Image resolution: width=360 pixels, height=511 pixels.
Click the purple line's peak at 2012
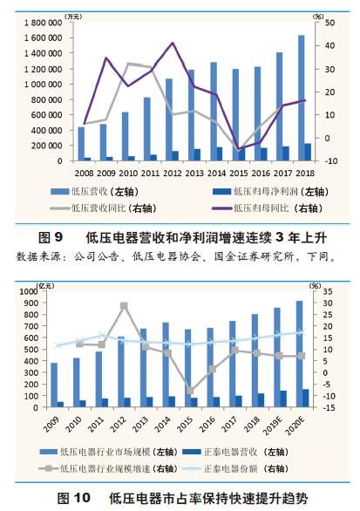point(173,43)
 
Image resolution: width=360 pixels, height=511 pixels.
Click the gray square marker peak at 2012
point(124,305)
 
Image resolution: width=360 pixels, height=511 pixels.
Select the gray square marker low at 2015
point(190,390)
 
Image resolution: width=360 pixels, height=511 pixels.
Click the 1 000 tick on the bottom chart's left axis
point(37,290)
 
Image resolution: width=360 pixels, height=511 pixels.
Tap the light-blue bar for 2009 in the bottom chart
point(55,385)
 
